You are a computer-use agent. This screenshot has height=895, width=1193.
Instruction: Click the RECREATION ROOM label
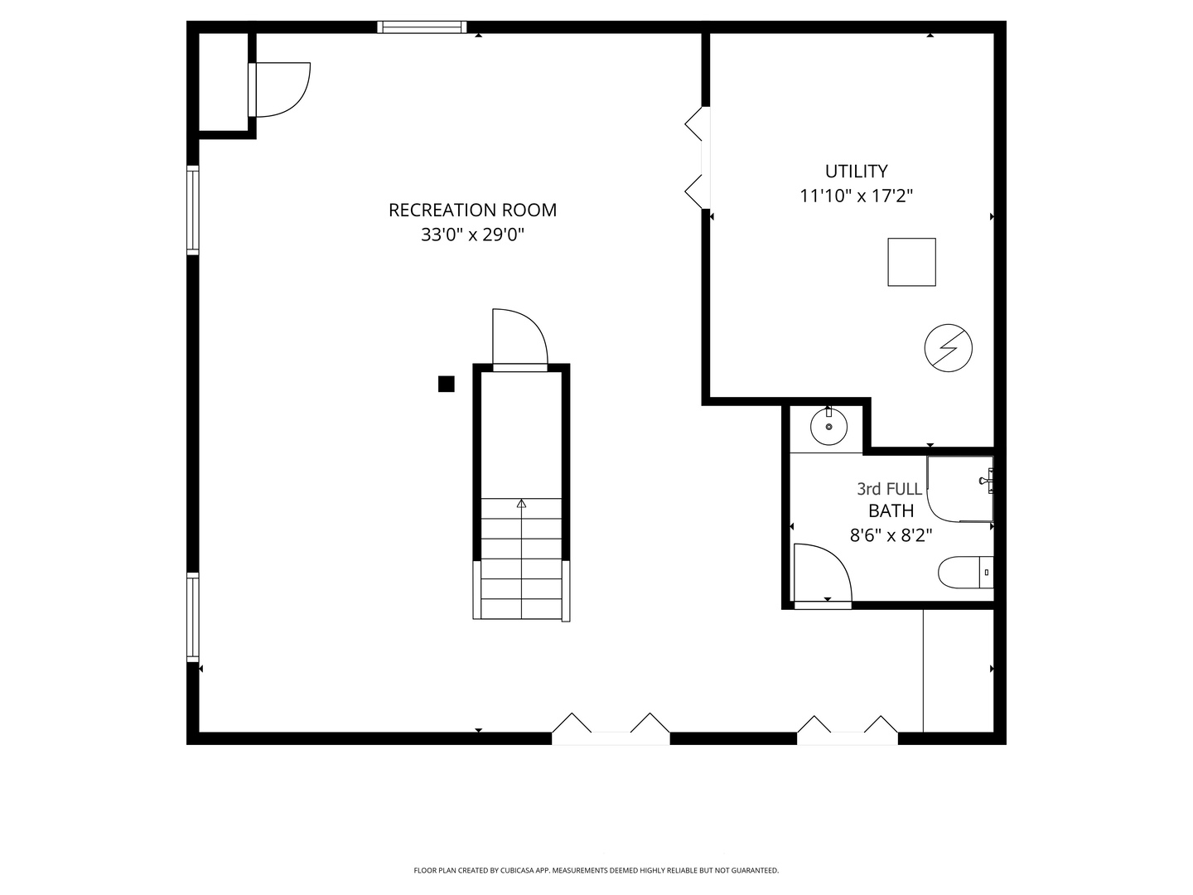pyautogui.click(x=472, y=210)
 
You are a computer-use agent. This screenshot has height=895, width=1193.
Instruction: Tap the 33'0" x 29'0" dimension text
pyautogui.click(x=472, y=235)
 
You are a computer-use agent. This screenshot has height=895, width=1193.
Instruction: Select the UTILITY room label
pyautogui.click(x=856, y=172)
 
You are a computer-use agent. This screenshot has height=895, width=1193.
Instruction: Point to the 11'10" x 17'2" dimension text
pyautogui.click(x=856, y=196)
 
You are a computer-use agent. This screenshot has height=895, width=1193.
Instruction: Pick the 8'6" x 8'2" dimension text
pyautogui.click(x=891, y=536)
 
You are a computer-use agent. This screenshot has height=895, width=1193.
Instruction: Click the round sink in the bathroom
pyautogui.click(x=828, y=427)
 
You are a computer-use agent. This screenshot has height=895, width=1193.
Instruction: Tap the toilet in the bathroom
pyautogui.click(x=966, y=572)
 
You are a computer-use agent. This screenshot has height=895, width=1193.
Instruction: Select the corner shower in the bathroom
pyautogui.click(x=960, y=489)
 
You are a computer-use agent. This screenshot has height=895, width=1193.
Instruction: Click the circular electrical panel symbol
pyautogui.click(x=948, y=348)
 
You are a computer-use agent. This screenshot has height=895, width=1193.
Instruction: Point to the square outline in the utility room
pyautogui.click(x=911, y=262)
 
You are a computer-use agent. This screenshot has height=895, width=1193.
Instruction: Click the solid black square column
pyautogui.click(x=447, y=384)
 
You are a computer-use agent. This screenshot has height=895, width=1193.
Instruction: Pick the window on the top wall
pyautogui.click(x=422, y=27)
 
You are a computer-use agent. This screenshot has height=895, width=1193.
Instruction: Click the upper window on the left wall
pyautogui.click(x=193, y=210)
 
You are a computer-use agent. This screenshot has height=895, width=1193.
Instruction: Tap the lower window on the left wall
pyautogui.click(x=193, y=617)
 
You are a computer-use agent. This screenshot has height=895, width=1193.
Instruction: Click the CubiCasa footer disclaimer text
pyautogui.click(x=596, y=870)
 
